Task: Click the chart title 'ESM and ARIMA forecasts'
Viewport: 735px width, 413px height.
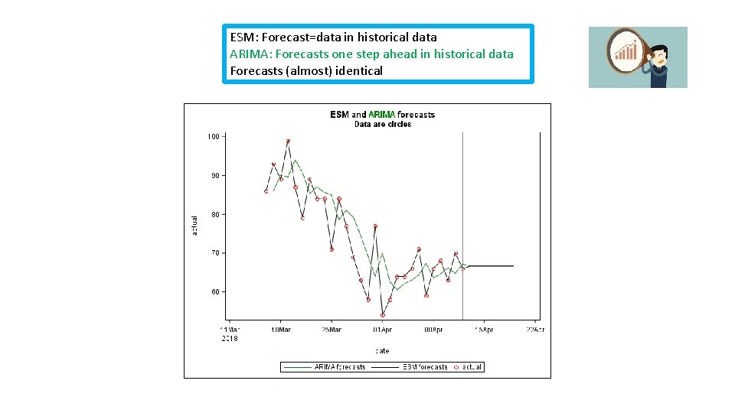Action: (382, 115)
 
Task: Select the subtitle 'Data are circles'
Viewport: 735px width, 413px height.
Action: (382, 124)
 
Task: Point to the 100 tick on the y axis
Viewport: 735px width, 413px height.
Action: (213, 137)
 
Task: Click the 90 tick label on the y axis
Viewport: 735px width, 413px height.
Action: (215, 176)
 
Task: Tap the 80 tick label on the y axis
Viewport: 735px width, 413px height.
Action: (215, 215)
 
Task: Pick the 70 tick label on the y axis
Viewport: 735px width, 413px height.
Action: (215, 253)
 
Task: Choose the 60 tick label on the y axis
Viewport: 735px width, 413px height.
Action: (215, 292)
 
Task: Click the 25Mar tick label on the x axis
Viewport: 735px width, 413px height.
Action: (332, 330)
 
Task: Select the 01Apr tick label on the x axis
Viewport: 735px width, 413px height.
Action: (382, 330)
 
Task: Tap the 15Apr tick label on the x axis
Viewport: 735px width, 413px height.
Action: (484, 330)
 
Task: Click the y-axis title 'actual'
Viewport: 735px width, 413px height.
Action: (194, 225)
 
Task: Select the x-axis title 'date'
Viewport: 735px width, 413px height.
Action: (382, 351)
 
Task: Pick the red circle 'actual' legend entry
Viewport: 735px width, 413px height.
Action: (468, 367)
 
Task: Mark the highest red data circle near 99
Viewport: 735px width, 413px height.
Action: (288, 141)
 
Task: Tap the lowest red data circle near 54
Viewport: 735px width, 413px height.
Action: (383, 315)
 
